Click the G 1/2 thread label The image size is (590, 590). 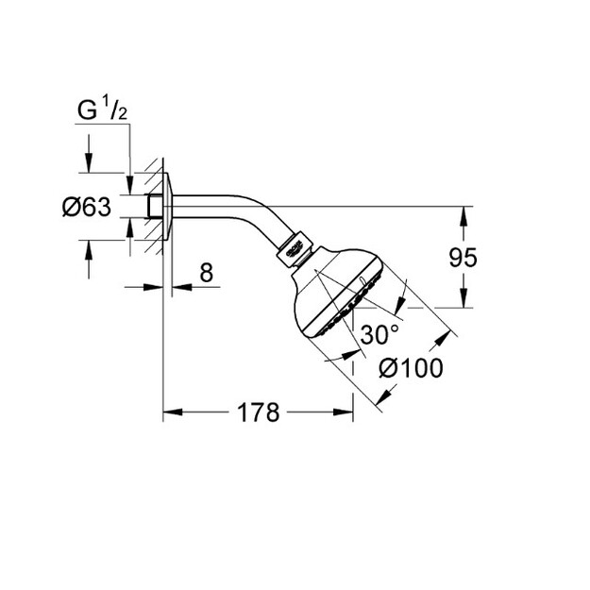(x=102, y=109)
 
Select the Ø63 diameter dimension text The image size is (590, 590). (x=87, y=207)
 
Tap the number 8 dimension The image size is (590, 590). (x=206, y=273)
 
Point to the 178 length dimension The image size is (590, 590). (x=259, y=413)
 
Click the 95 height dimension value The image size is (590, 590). (x=463, y=258)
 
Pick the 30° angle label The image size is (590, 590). (x=379, y=334)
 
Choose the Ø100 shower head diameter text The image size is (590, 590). (x=411, y=367)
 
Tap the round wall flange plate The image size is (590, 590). (x=168, y=206)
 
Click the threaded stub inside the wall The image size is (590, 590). (x=154, y=206)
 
